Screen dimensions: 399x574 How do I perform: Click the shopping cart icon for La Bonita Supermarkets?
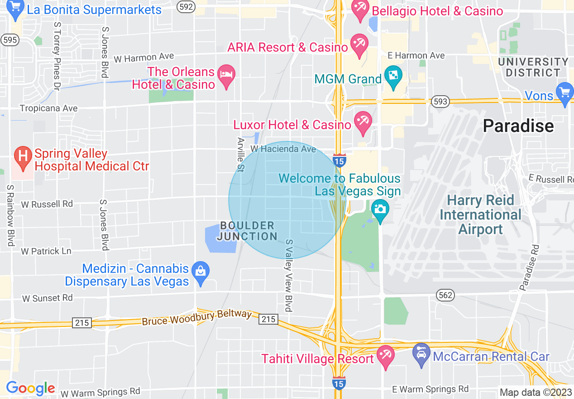(16, 10)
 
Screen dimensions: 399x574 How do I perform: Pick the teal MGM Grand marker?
(392, 77)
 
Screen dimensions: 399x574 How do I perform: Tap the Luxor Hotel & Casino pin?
(363, 123)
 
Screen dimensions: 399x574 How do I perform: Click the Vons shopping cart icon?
(564, 94)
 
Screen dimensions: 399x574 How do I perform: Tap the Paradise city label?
(518, 126)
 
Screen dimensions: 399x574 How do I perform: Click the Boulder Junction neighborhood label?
(247, 231)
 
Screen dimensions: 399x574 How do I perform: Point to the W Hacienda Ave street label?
(283, 149)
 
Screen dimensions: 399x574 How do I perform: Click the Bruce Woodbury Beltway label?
(196, 318)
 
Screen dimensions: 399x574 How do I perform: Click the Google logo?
(30, 388)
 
